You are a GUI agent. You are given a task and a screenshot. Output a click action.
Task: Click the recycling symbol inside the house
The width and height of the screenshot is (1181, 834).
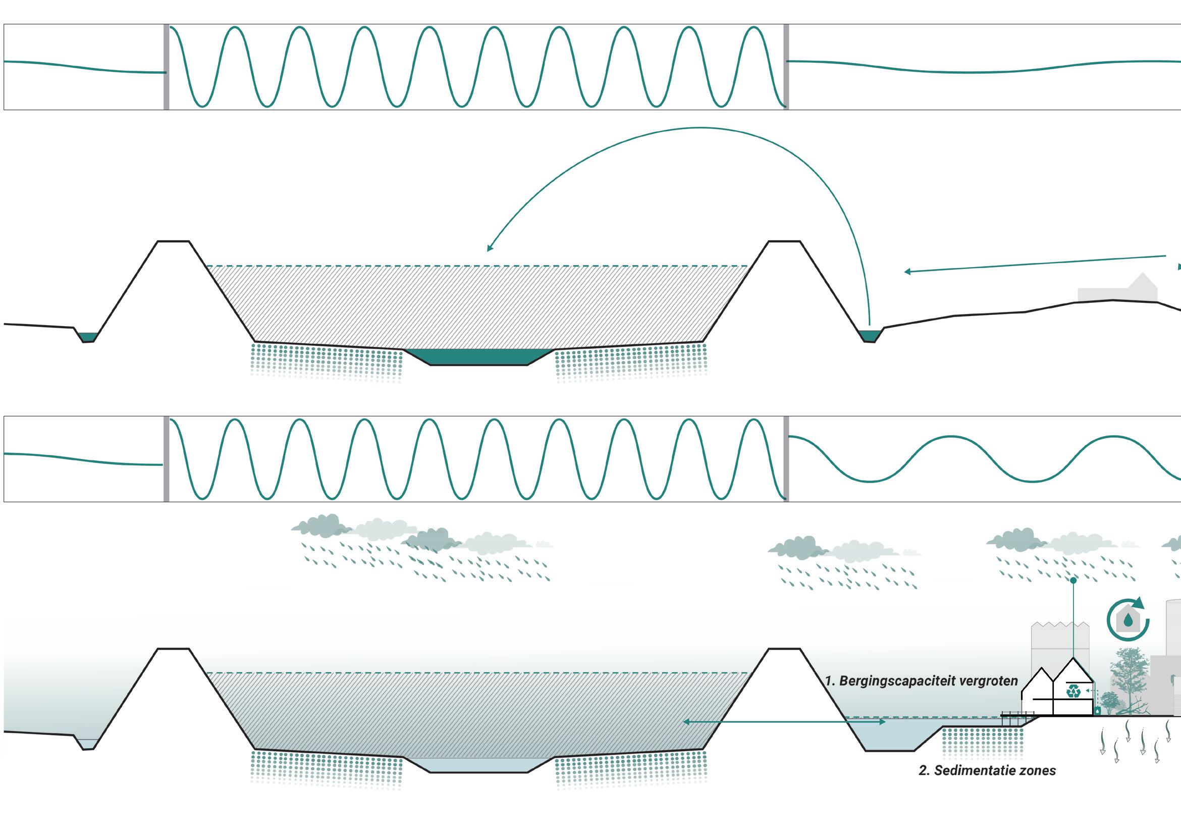[x=1073, y=691]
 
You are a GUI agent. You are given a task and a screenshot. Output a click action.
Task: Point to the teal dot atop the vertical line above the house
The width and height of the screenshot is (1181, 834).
[x=1073, y=581]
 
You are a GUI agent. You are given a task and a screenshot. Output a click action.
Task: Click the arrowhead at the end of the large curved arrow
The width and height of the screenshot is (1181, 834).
[x=489, y=249]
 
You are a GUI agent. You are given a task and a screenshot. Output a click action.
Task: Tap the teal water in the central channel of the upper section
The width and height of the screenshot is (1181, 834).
[x=478, y=357]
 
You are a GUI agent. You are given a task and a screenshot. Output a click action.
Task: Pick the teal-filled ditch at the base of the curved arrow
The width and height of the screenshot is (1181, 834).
[x=869, y=335]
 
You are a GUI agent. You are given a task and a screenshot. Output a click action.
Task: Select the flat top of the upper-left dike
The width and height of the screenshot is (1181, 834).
[x=173, y=241]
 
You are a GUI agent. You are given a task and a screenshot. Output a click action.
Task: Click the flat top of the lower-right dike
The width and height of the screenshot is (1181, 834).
[x=785, y=649]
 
